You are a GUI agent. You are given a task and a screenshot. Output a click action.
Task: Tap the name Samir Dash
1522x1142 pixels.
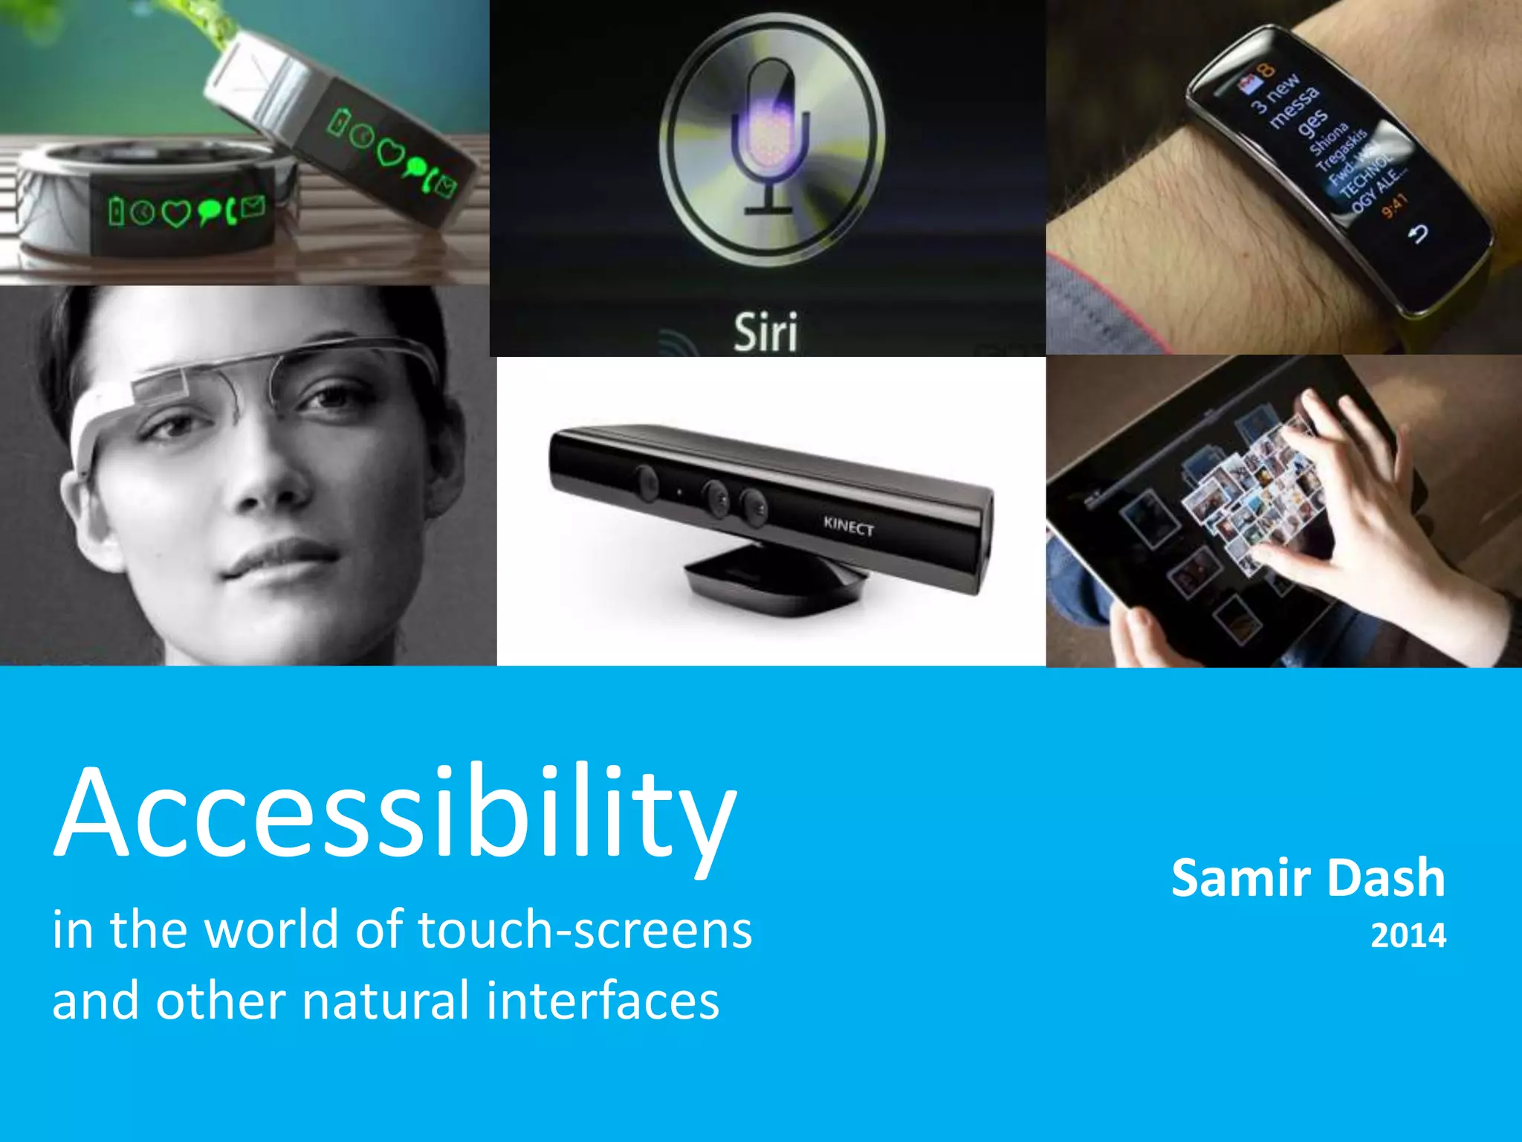1308,879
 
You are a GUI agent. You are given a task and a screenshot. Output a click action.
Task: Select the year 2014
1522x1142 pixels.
1408,935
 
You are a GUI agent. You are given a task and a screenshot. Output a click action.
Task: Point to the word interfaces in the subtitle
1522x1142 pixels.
603,1001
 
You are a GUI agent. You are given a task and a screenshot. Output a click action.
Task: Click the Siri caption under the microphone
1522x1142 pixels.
765,332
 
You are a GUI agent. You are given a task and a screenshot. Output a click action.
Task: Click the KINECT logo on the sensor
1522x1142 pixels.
848,526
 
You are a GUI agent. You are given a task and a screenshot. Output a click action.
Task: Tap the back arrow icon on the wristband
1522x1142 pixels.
1418,235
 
